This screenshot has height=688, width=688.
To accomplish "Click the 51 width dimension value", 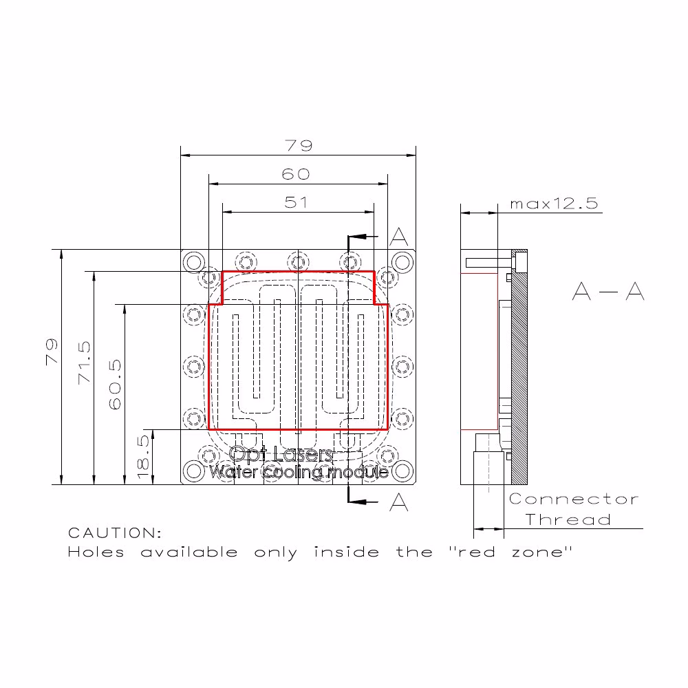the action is pos(296,202).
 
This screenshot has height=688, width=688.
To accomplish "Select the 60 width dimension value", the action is pos(296,174).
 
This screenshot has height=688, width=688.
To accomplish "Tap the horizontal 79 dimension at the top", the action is pos(299,145).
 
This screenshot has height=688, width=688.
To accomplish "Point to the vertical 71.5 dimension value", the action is pos(84,363).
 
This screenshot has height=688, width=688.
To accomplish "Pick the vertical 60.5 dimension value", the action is pos(114,385).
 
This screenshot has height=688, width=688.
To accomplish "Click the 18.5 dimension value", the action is pos(144,457).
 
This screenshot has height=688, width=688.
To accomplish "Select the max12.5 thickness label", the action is pos(554,204).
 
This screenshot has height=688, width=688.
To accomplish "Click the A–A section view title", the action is pos(608,291).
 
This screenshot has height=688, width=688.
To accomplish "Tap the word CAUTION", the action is pos(115,533).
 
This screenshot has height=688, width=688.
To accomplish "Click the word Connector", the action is pos(574,499).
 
